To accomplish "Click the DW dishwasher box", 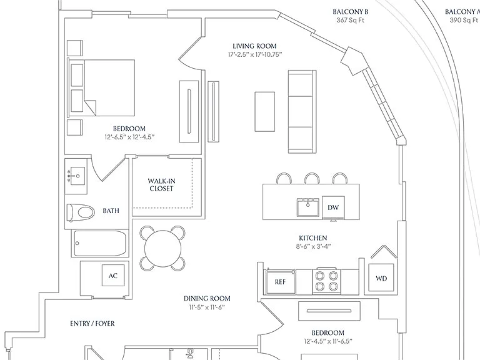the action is tap(333, 207).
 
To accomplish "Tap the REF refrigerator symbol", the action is tap(280, 282).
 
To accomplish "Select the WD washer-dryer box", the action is tap(381, 277).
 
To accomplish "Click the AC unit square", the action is tap(113, 276).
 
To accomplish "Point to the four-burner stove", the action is tap(326, 281).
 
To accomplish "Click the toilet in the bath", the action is tap(81, 212).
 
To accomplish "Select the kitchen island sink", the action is tap(308, 207).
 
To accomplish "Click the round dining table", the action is tap(162, 248).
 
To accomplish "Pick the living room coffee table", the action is tap(265, 112).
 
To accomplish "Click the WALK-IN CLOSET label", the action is tap(162, 185).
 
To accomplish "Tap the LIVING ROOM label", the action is tap(254, 46).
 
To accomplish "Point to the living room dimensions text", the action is tap(255, 55).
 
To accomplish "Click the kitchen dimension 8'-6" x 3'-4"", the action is tap(313, 246).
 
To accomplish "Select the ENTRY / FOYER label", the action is tap(92, 324).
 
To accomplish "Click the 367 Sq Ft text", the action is tap(351, 20).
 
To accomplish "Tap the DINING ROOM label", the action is tap(207, 299).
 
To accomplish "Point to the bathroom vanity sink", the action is tap(76, 176).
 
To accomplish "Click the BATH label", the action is tap(111, 211).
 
